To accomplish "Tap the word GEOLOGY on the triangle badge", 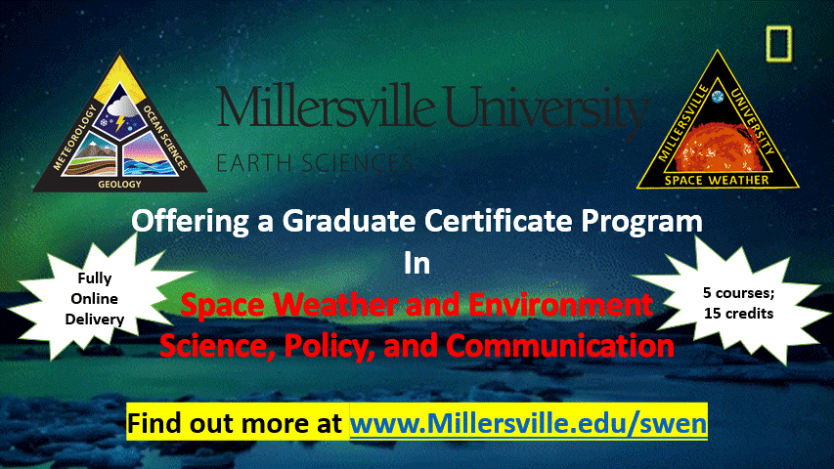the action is [x=119, y=184].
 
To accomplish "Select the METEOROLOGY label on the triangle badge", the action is [x=74, y=137].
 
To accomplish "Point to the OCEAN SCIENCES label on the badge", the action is [x=165, y=138].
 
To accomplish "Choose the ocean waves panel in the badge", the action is [x=148, y=155].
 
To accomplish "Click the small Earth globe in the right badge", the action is [x=718, y=97].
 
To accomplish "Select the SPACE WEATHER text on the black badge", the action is [x=717, y=180].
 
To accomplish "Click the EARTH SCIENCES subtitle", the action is [x=315, y=163].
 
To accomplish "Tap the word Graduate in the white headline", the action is [x=348, y=220].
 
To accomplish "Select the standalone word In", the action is [x=417, y=263].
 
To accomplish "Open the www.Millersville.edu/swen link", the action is [x=528, y=423].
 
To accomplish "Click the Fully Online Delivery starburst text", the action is [x=95, y=298].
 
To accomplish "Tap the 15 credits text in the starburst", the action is [x=739, y=314].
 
